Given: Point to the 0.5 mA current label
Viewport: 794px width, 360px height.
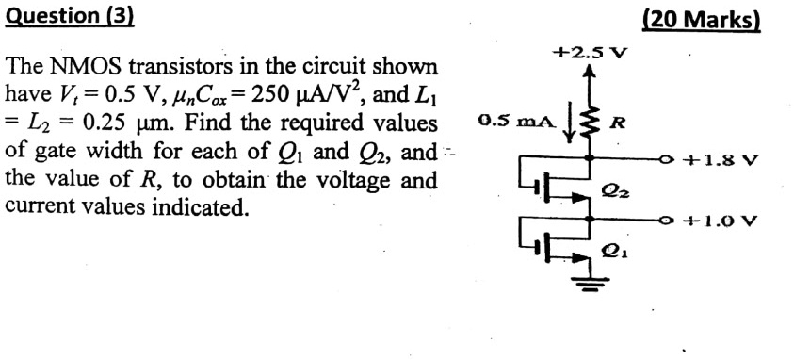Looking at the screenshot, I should tap(509, 122).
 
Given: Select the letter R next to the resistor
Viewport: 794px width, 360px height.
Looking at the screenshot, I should tap(618, 122).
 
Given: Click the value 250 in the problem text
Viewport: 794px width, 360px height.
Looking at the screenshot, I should tap(257, 95).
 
